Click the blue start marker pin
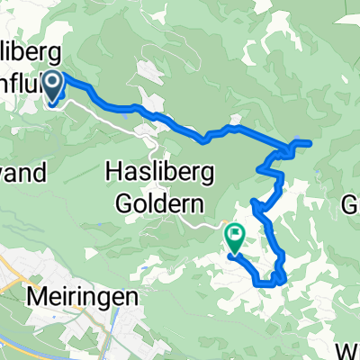coord(53,88)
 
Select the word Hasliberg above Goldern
coord(162,169)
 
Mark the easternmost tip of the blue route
coord(310,142)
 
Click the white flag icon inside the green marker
coord(235,236)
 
